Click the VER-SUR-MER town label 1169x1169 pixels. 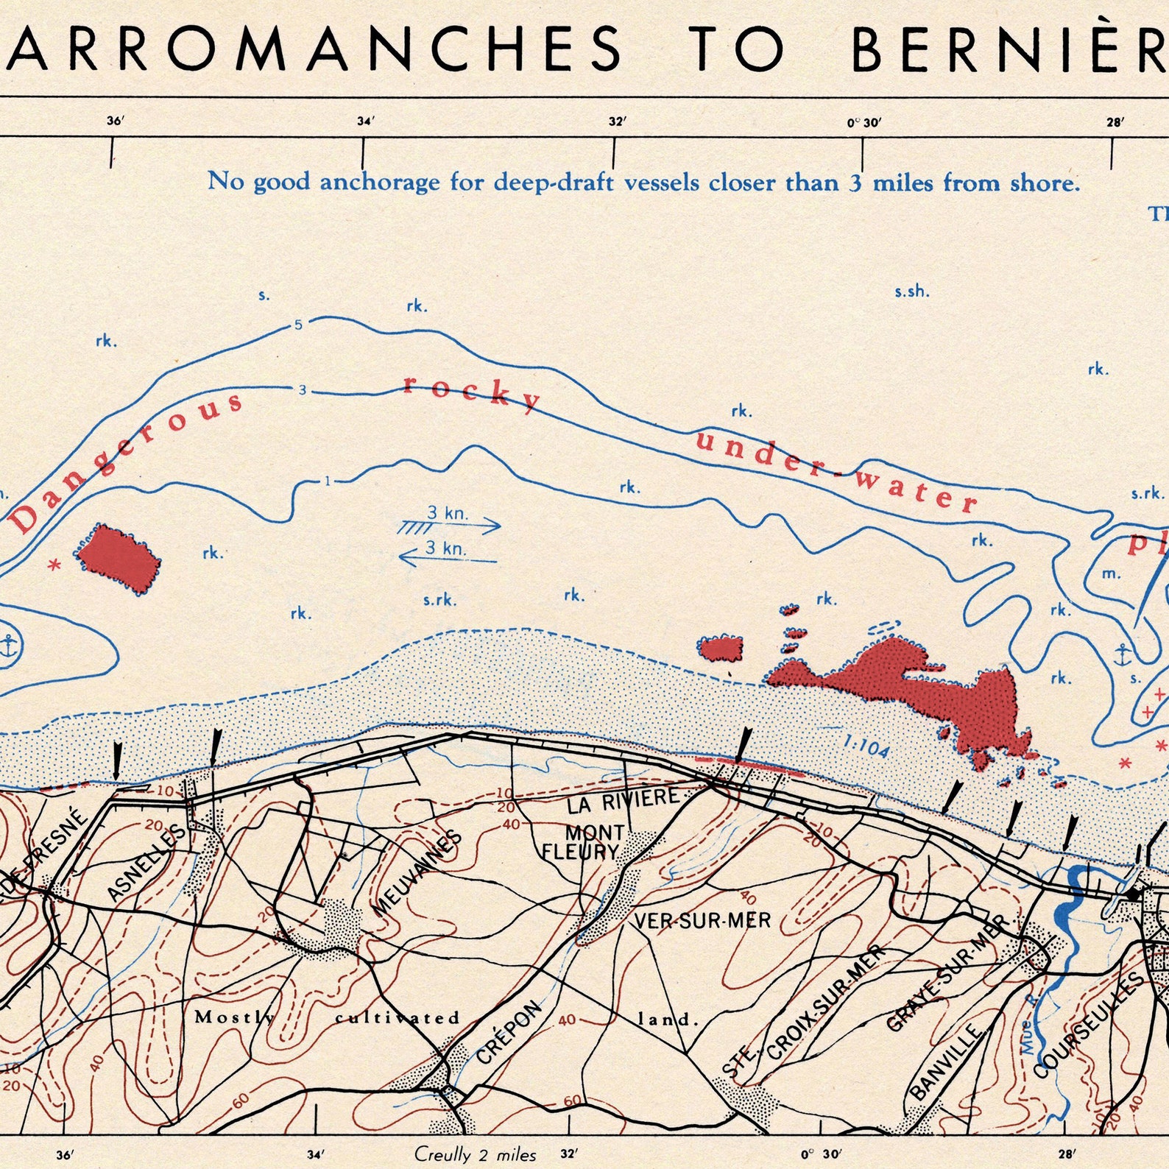click(x=702, y=921)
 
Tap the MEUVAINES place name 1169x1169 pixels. click(x=417, y=873)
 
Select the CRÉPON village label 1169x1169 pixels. click(x=509, y=1033)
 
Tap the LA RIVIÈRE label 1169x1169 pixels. click(x=623, y=800)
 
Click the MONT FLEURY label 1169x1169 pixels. click(x=584, y=843)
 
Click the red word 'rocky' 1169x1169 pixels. click(x=472, y=392)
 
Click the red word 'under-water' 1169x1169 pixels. click(x=836, y=472)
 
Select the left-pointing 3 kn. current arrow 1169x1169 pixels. click(x=448, y=555)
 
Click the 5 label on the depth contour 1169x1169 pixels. click(x=298, y=325)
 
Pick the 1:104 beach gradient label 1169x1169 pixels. click(x=866, y=748)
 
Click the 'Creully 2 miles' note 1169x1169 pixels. click(x=475, y=1154)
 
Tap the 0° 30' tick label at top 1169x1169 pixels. click(x=863, y=122)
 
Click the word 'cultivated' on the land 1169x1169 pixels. click(x=398, y=1018)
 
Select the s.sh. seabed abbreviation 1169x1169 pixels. click(x=911, y=292)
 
